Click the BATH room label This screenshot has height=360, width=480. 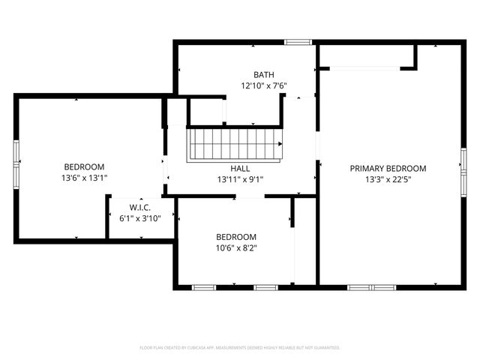click(x=263, y=74)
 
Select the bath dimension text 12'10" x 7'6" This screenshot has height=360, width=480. click(x=263, y=85)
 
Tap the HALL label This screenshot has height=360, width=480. click(x=240, y=169)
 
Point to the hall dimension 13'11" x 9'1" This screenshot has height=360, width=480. click(x=240, y=180)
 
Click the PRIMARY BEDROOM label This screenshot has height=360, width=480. click(x=388, y=169)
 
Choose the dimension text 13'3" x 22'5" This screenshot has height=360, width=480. click(x=388, y=180)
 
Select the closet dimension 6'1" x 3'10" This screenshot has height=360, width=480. click(x=140, y=218)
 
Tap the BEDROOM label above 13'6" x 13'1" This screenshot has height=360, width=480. click(x=84, y=166)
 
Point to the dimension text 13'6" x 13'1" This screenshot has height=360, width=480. click(x=84, y=178)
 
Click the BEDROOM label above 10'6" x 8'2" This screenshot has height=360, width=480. click(x=236, y=236)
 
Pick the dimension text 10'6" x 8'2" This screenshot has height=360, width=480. click(x=236, y=247)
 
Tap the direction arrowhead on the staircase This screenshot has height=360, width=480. click(x=280, y=143)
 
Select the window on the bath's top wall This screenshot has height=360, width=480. click(x=298, y=42)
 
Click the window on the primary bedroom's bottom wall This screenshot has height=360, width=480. click(x=371, y=287)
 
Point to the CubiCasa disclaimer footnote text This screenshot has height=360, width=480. click(x=240, y=348)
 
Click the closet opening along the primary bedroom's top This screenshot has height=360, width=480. click(x=364, y=69)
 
